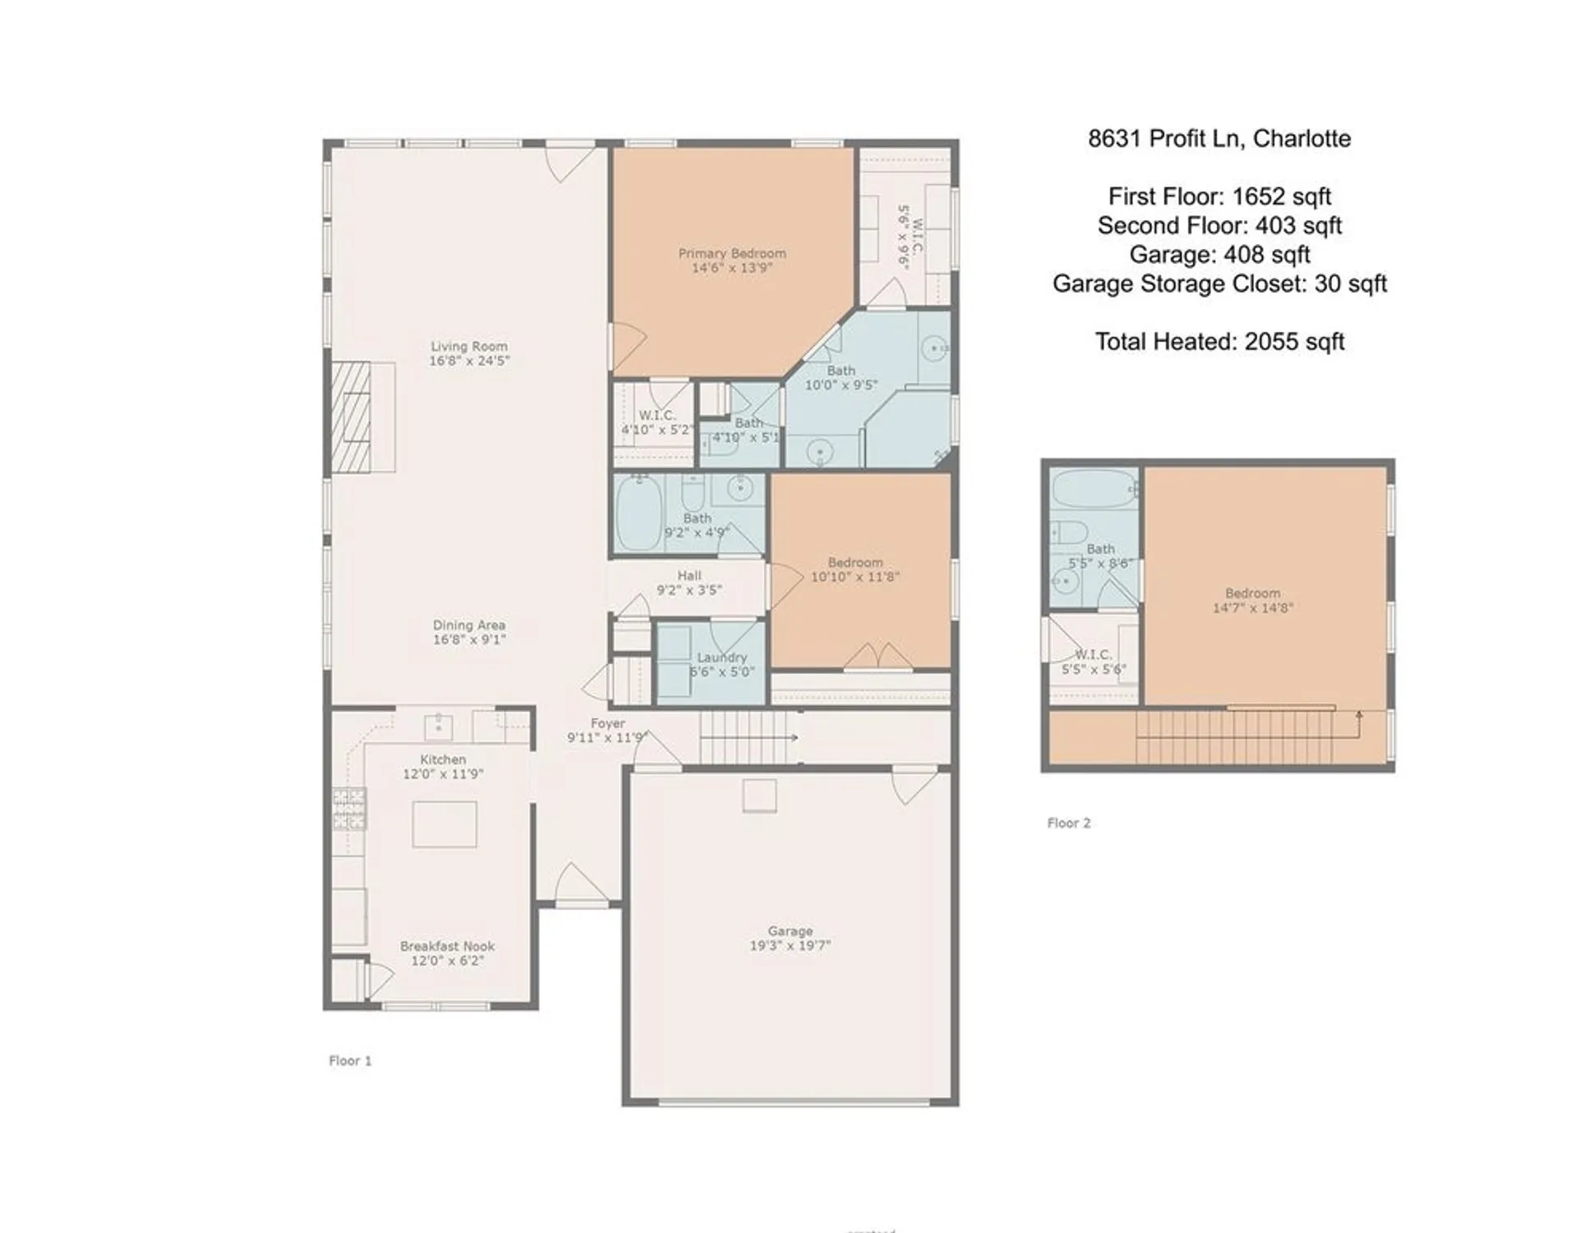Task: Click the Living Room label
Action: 469,347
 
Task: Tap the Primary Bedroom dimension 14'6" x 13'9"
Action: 731,267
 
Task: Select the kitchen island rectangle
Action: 445,824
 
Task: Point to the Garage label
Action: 790,931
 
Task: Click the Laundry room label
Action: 721,658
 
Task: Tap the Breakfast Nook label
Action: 447,946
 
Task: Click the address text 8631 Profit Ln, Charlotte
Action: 1219,138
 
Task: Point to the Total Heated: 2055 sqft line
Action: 1219,341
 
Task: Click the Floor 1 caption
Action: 350,1060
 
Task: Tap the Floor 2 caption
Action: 1068,823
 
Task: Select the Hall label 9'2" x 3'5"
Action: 689,583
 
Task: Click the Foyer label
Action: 607,723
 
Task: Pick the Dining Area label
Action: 468,626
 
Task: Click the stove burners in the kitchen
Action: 349,808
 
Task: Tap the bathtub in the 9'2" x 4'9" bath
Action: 638,513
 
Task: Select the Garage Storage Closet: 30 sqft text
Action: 1219,284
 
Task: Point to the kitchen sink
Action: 438,727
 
